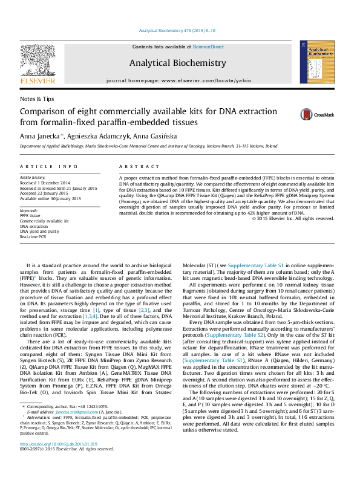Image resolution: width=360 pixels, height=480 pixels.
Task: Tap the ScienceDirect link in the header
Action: (x=208, y=47)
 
